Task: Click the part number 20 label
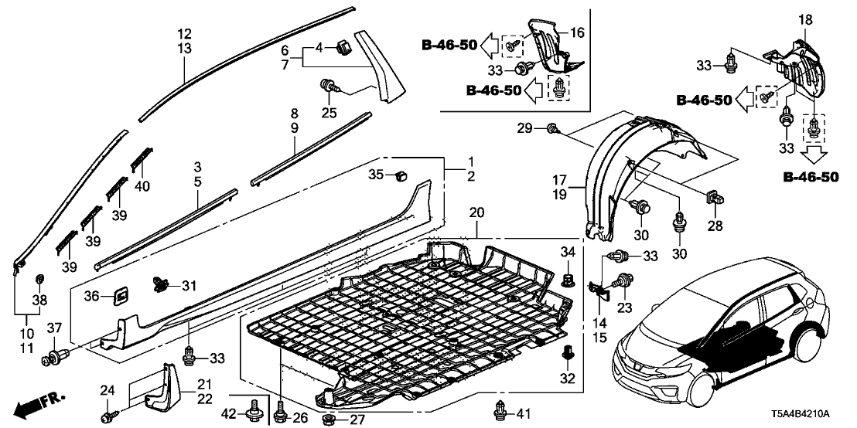coord(476,211)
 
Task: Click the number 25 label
coord(329,114)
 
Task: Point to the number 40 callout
coord(142,185)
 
